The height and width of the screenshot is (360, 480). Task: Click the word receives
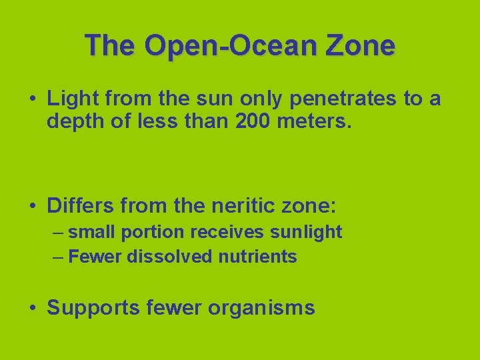point(227,232)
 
